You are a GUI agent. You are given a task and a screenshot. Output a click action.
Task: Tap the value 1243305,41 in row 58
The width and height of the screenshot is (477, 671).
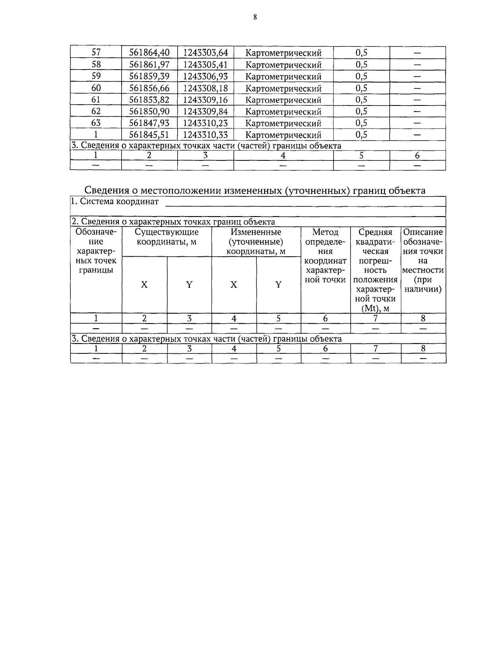[x=205, y=64]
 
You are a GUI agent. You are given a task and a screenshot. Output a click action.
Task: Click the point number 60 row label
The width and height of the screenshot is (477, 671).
[x=96, y=88]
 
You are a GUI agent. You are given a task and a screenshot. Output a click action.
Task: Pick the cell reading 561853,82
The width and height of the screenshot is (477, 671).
[x=149, y=99]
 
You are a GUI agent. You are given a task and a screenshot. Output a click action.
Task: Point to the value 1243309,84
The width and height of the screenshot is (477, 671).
[x=205, y=111]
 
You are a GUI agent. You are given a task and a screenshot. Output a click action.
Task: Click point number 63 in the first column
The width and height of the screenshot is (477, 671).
[x=96, y=123]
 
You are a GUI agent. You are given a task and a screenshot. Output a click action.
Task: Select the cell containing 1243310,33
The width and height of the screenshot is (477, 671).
[x=205, y=135]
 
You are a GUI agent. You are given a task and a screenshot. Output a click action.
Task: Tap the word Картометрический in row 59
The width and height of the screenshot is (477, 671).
[x=283, y=76]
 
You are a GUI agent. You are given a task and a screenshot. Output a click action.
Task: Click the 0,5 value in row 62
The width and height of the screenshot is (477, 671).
[x=361, y=111]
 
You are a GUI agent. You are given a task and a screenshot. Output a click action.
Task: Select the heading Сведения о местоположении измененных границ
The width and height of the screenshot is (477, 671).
[x=255, y=190]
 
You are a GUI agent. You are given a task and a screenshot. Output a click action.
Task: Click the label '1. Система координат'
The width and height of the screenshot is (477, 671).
[x=114, y=201]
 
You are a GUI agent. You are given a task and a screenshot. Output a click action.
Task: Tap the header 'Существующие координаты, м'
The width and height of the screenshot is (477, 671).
[x=167, y=237]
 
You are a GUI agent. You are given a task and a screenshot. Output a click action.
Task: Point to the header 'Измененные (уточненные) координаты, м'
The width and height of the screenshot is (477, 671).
[x=256, y=242]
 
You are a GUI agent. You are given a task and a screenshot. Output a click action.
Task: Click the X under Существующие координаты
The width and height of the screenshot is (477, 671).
[x=144, y=285]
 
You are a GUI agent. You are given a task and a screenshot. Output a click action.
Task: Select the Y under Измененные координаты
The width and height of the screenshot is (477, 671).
[x=279, y=285]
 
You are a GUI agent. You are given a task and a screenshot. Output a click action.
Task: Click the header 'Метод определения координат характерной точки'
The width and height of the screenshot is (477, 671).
[x=325, y=256]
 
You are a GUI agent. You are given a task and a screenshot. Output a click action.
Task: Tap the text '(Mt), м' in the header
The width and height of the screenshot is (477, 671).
[x=375, y=308]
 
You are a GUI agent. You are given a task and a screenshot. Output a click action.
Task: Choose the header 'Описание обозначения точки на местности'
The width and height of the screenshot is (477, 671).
[x=423, y=261]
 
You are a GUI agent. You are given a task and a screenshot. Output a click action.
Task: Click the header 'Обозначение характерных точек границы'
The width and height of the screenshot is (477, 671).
[x=96, y=251]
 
